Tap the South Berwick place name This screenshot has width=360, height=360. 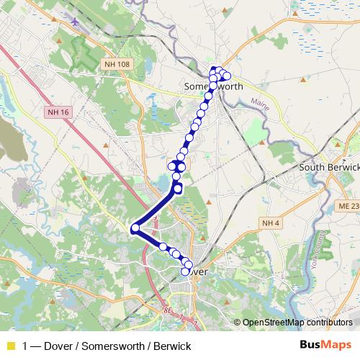coord(329,168)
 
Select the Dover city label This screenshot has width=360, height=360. coord(196,273)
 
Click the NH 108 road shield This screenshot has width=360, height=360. coord(117,64)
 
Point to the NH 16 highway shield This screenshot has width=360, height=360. coord(59,112)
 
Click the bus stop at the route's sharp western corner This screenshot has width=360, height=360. coord(135,229)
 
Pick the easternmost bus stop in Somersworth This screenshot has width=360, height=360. coord(227,76)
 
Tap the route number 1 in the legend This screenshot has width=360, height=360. coord(26,346)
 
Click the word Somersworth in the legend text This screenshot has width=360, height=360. coord(113,346)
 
